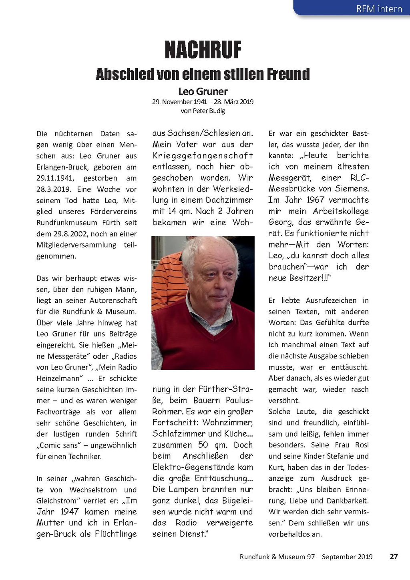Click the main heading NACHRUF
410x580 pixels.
coord(203,50)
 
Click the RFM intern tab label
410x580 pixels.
coord(379,9)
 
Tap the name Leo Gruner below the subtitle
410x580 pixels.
coord(203,91)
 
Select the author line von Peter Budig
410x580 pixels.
coord(203,111)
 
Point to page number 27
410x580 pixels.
coord(394,556)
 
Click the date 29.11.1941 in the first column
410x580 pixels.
coord(55,178)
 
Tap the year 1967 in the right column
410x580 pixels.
coord(316,200)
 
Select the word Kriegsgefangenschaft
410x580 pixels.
coord(203,155)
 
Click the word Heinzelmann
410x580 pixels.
coord(59,379)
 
